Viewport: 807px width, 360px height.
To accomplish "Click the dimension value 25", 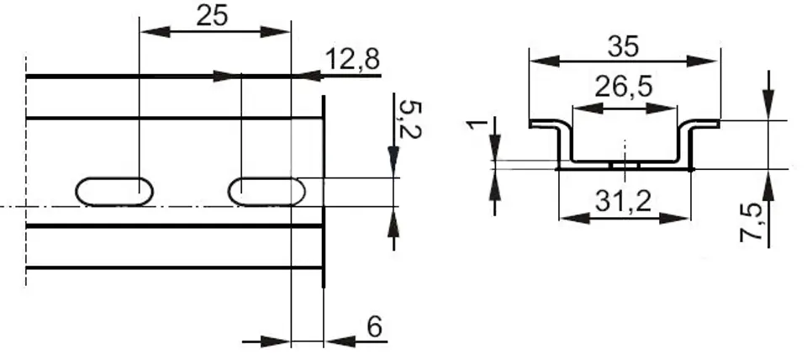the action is (212, 16).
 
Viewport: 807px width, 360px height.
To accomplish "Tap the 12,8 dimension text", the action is (352, 61).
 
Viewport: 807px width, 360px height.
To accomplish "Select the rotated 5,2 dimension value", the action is (409, 120).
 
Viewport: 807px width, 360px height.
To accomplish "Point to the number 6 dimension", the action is (376, 326).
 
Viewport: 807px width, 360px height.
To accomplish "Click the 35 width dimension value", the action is (623, 47).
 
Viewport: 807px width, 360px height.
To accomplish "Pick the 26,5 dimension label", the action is (624, 87).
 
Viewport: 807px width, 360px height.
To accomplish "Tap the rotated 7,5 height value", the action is (752, 223).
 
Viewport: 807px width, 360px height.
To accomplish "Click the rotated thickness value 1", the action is (477, 124).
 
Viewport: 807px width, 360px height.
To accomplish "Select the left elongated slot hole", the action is (114, 192).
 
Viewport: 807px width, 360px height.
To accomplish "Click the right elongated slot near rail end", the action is (266, 192).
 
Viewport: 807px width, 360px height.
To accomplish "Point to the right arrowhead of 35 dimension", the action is (702, 61).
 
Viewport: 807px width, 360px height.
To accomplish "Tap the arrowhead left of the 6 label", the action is (276, 341).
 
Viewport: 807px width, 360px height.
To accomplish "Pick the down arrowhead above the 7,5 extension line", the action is (768, 105).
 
